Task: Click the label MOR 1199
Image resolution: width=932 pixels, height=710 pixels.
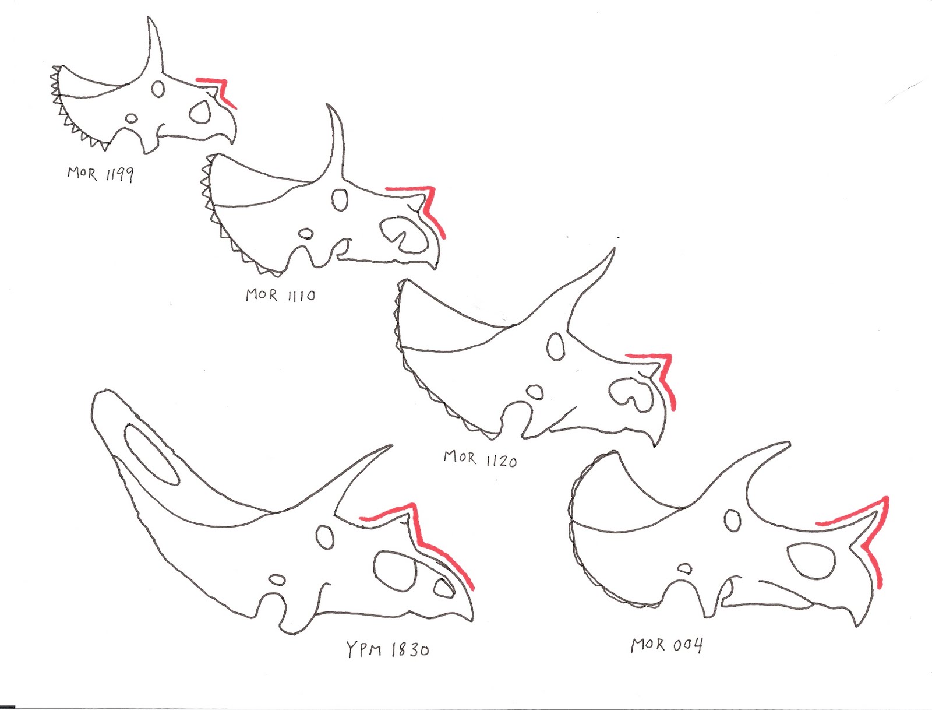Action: point(100,173)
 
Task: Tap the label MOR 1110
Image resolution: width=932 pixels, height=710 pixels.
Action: point(280,295)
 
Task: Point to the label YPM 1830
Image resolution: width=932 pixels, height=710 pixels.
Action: point(387,649)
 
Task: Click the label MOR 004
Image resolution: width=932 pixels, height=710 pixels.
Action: point(667,645)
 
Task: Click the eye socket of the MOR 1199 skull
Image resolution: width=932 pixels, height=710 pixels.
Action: point(158,89)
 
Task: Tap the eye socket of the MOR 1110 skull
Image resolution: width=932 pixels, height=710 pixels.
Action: point(340,200)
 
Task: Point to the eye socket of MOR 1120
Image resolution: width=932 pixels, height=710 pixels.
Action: point(556,346)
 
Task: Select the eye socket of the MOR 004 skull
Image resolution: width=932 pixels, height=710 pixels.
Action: point(733,520)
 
